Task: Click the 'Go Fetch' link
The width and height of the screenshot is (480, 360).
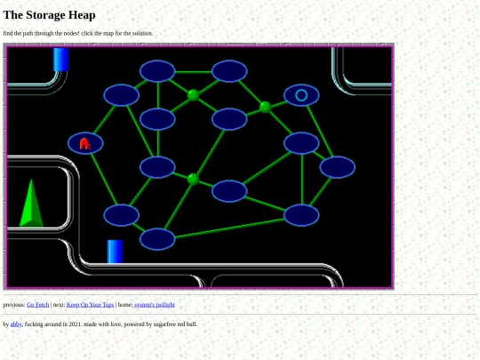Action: click(x=37, y=305)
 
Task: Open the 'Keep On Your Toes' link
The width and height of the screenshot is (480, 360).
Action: click(x=90, y=305)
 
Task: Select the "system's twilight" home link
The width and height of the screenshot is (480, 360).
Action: click(x=155, y=305)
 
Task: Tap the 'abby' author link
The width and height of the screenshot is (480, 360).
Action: click(x=16, y=324)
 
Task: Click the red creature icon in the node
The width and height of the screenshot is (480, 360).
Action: click(x=84, y=144)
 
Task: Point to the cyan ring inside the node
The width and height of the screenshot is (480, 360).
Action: click(x=301, y=95)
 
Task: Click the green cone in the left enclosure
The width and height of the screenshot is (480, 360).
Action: click(x=31, y=204)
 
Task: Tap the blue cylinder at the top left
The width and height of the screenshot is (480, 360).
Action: click(x=61, y=60)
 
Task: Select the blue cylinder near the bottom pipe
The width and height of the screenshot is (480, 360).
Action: click(x=115, y=252)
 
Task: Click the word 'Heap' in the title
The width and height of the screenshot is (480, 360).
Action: click(x=82, y=15)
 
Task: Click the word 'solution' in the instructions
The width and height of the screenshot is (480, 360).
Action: click(x=142, y=33)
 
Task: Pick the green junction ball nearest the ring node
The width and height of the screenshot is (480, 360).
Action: click(x=265, y=108)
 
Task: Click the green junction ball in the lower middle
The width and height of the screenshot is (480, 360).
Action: click(x=193, y=179)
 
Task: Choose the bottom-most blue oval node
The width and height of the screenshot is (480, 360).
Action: click(x=157, y=239)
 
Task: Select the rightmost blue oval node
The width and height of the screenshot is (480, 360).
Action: click(x=338, y=167)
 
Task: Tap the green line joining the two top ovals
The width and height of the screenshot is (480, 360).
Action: click(x=193, y=72)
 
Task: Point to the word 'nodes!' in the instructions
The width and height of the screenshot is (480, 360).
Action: click(x=71, y=33)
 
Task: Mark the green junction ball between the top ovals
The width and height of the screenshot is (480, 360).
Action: click(x=193, y=95)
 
